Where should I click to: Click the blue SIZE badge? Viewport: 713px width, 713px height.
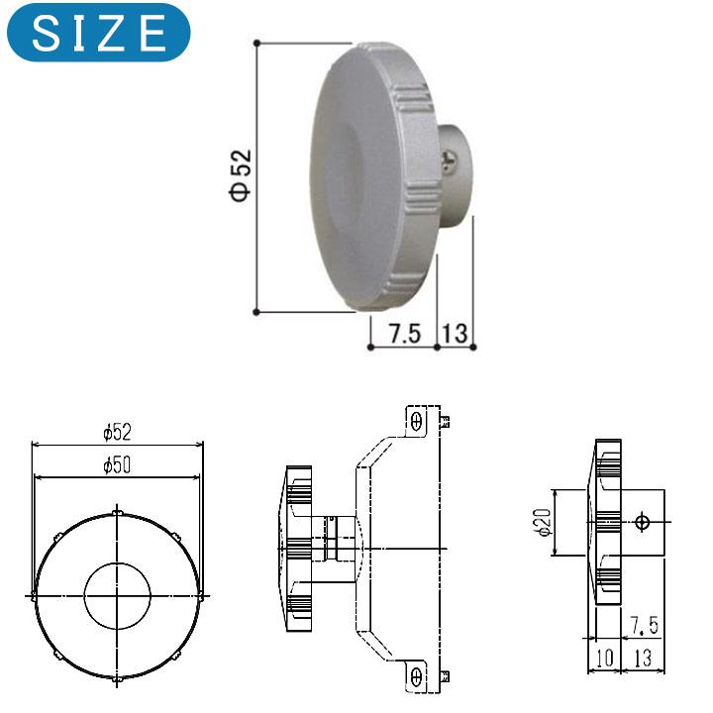tap(96, 33)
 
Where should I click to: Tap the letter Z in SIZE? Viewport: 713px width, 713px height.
tap(116, 33)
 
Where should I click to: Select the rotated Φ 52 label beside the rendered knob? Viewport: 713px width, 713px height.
tap(241, 176)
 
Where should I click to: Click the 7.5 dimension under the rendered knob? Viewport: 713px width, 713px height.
tap(403, 333)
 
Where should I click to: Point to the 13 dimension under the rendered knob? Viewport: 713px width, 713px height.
tap(455, 333)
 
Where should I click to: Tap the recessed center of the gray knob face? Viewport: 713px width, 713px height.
tap(347, 178)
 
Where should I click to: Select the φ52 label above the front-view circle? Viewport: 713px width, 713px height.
tap(117, 432)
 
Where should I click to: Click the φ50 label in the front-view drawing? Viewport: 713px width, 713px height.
tap(117, 464)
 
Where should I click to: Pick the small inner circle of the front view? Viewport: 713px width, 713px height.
tap(117, 594)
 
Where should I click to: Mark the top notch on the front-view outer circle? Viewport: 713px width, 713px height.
tap(117, 512)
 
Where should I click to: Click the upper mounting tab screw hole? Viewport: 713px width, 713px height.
tap(417, 421)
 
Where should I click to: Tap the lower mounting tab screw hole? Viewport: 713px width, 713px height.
tap(417, 676)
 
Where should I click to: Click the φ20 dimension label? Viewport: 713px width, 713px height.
tap(541, 523)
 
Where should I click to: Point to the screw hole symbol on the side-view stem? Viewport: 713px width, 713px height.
tap(642, 522)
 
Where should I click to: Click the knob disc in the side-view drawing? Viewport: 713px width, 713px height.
tap(606, 522)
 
